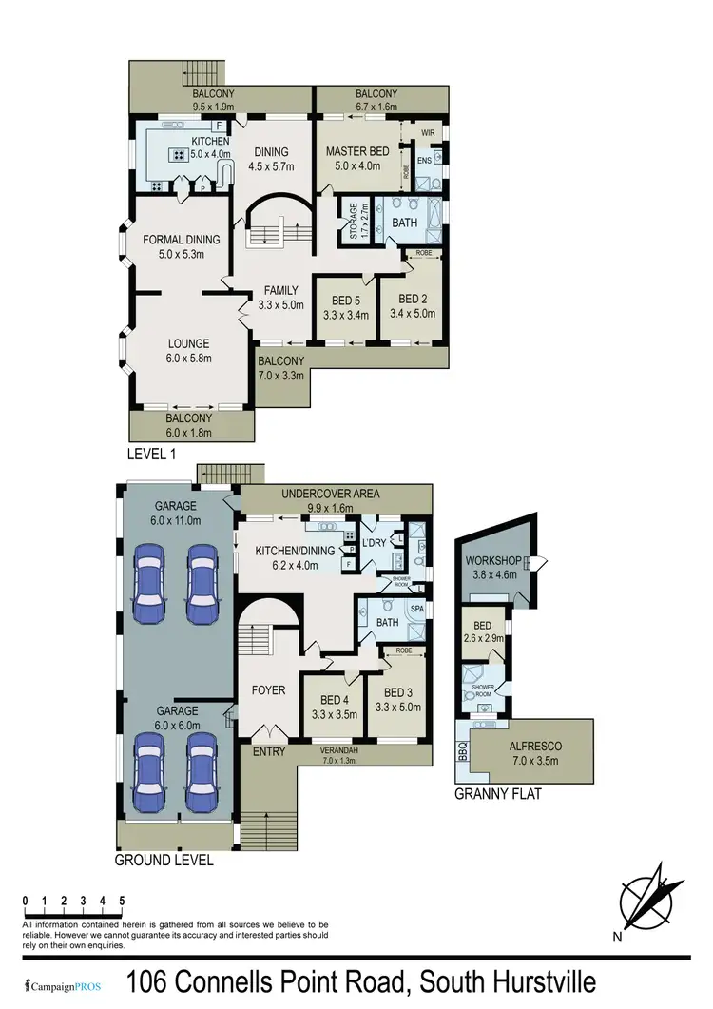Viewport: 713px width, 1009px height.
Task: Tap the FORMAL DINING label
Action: pyautogui.click(x=182, y=239)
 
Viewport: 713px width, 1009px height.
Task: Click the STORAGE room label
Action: pyautogui.click(x=353, y=221)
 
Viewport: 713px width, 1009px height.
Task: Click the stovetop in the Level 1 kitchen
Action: pyautogui.click(x=176, y=154)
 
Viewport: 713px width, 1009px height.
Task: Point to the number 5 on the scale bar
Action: pyautogui.click(x=123, y=900)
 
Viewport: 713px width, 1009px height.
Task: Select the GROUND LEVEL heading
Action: pyautogui.click(x=164, y=860)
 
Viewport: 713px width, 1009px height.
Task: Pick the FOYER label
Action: pyautogui.click(x=267, y=689)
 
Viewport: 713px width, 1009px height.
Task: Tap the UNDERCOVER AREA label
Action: pyautogui.click(x=332, y=494)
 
